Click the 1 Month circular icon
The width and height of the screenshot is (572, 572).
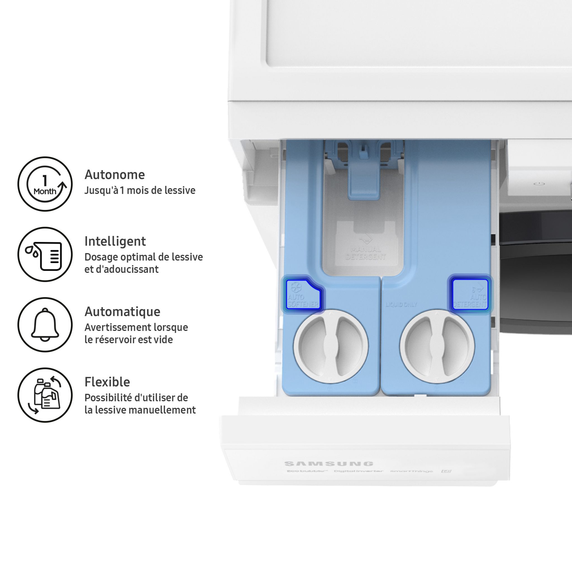point(45,184)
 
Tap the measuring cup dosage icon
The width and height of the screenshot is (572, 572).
point(45,254)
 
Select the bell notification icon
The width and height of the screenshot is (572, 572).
point(45,325)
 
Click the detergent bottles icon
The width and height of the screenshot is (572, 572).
point(45,395)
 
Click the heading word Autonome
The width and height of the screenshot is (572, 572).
point(115,175)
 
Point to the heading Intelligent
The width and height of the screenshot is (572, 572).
point(115,241)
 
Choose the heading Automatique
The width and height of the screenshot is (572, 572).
point(122,312)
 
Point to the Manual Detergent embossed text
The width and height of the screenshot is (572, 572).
point(365,253)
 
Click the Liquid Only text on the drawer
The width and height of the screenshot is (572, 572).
point(401,305)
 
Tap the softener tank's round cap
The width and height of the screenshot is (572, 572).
point(331,346)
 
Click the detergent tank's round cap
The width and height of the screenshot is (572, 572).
point(437,346)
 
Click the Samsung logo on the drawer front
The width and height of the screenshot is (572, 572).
point(329,464)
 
